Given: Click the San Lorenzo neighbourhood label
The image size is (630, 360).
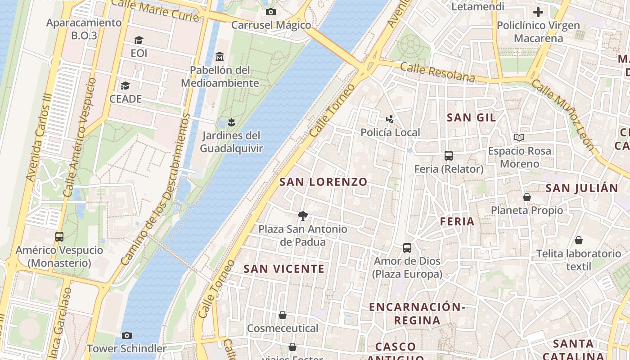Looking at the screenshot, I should pyautogui.click(x=323, y=182).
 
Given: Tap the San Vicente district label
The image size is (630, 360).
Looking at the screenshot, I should pyautogui.click(x=283, y=269).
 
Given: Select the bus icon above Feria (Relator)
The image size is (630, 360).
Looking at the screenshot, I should pyautogui.click(x=448, y=156).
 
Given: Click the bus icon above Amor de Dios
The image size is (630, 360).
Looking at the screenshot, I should pyautogui.click(x=407, y=247).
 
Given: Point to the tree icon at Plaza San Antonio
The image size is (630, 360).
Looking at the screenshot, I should pyautogui.click(x=303, y=216).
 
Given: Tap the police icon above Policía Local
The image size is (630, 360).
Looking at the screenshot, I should pyautogui.click(x=390, y=119).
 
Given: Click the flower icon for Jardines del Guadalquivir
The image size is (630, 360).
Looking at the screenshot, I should pyautogui.click(x=231, y=122).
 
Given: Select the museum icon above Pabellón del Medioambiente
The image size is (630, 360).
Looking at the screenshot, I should pyautogui.click(x=220, y=57).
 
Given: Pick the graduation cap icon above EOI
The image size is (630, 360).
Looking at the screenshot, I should pyautogui.click(x=139, y=40).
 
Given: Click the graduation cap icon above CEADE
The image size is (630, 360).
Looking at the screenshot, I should pyautogui.click(x=125, y=85).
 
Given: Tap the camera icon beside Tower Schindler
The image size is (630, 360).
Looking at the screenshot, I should pyautogui.click(x=127, y=335).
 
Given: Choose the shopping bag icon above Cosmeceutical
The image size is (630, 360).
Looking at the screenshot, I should pyautogui.click(x=283, y=315).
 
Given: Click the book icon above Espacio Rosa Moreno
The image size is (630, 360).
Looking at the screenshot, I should pyautogui.click(x=519, y=137).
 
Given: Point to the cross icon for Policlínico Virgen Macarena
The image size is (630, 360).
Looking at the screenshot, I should pyautogui.click(x=538, y=12).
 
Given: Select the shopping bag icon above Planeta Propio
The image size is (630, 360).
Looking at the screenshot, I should pyautogui.click(x=526, y=197).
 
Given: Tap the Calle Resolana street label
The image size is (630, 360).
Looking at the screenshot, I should pyautogui.click(x=437, y=72).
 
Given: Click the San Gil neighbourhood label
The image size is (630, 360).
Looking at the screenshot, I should pyautogui.click(x=471, y=117).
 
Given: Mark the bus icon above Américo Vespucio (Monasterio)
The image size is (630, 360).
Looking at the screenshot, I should pyautogui.click(x=59, y=236).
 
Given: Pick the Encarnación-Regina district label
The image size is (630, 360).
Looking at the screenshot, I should pyautogui.click(x=417, y=313).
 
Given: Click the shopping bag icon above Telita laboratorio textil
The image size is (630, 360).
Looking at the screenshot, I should pyautogui.click(x=578, y=240).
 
